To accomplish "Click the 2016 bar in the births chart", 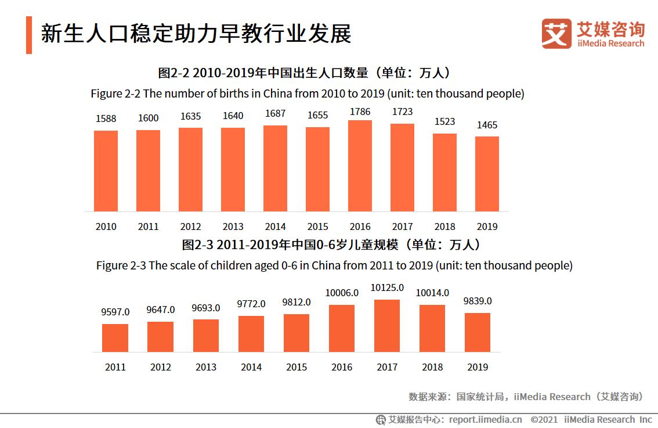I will click(x=360, y=166).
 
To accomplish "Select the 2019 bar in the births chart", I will click(x=487, y=174).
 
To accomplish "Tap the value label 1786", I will click(x=360, y=112).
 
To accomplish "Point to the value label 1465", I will click(x=487, y=125).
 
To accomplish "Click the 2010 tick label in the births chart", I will click(x=106, y=226).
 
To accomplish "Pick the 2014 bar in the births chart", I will click(x=275, y=168).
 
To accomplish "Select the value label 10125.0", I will click(x=387, y=288).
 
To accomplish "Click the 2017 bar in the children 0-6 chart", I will click(x=387, y=326).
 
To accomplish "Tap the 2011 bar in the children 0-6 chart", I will click(x=115, y=338).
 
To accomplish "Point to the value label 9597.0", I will click(x=115, y=312).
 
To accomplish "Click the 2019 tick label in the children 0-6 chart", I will click(x=478, y=367).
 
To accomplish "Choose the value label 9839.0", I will click(x=478, y=301).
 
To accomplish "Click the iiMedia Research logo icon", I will click(x=556, y=34).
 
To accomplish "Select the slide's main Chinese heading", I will click(x=196, y=34).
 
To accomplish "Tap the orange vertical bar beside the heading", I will click(x=29, y=35).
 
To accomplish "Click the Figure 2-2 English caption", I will click(x=308, y=93).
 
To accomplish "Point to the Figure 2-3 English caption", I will click(x=334, y=265).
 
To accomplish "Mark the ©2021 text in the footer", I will click(x=544, y=419).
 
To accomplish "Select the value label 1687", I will click(x=275, y=114).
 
